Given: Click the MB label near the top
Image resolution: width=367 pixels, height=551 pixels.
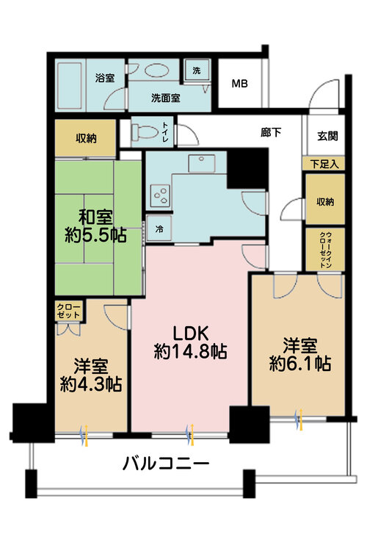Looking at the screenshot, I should tap(240, 83).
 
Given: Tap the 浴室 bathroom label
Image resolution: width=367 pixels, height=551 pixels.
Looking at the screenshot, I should tap(105, 78).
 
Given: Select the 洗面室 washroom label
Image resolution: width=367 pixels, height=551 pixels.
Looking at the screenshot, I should tap(167, 97).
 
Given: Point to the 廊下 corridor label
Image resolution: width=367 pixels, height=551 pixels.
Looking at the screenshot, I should tap(271, 133).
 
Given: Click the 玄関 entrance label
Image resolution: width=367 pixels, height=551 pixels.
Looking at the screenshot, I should tap(327, 135).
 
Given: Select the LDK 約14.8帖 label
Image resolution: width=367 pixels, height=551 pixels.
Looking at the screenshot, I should tap(190, 342).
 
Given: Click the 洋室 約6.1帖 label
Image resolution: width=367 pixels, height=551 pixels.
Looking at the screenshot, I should tap(299, 353).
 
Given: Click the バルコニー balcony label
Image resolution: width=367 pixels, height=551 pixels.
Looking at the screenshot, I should tap(166, 464).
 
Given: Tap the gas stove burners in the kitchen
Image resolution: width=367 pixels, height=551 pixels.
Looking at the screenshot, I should tap(159, 194).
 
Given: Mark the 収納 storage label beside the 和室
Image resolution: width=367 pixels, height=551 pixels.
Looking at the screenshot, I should tap(85, 138).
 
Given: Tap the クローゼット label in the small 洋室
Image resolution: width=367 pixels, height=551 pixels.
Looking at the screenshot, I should tap(68, 310).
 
